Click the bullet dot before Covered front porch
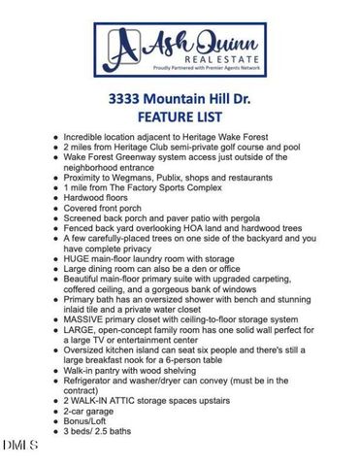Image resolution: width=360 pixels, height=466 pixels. coord(55,206)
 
